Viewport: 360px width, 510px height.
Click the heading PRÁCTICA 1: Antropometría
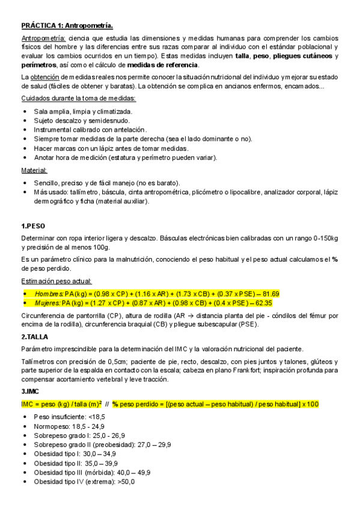(x=66, y=26)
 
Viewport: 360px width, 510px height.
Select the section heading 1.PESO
(x=33, y=226)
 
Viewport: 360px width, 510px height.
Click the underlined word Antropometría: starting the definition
(x=43, y=37)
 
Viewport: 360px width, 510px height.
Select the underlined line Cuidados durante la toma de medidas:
(x=78, y=99)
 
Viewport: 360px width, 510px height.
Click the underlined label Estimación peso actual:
(x=56, y=281)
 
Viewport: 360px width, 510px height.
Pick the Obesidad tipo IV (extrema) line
(x=84, y=482)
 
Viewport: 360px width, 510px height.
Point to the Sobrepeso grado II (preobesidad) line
(x=102, y=444)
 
